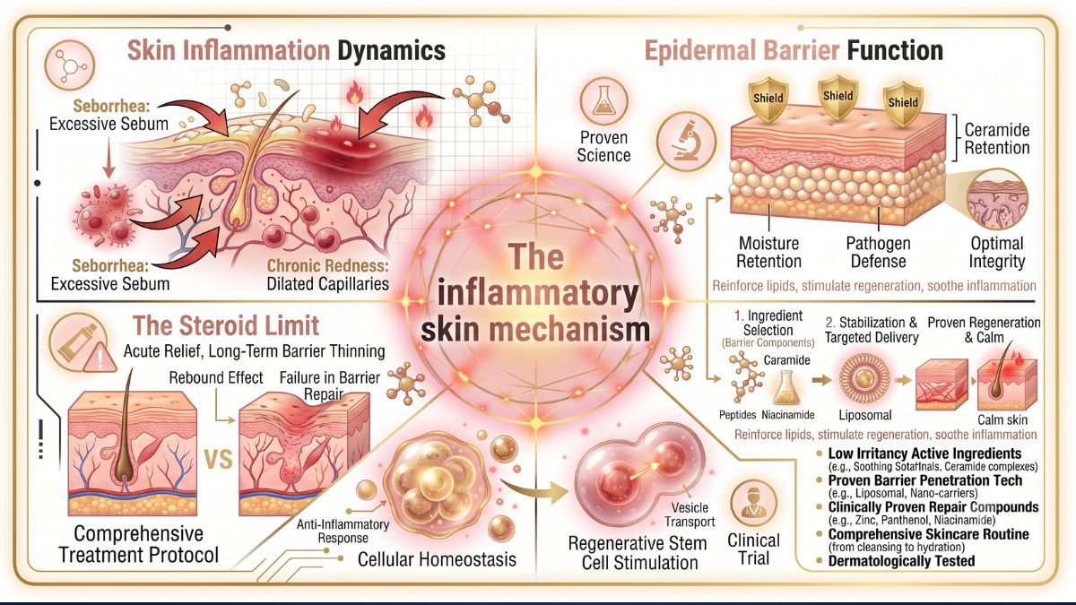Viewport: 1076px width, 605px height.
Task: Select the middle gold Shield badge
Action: tap(837, 97)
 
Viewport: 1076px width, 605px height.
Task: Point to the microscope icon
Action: tap(686, 142)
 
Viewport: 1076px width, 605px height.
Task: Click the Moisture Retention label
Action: tap(768, 252)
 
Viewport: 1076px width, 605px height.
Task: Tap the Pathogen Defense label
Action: tap(878, 252)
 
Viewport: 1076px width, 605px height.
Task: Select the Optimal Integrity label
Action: tap(997, 252)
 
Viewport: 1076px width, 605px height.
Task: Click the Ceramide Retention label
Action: tap(997, 138)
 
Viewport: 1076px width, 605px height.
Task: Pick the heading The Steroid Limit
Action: tap(226, 325)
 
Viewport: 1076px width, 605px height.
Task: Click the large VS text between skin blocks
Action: tap(219, 460)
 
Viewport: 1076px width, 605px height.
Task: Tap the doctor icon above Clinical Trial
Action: tap(753, 503)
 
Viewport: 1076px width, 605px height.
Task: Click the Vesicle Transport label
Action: tap(690, 514)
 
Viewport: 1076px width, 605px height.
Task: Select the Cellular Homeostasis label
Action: tap(437, 559)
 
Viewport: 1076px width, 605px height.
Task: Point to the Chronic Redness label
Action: tap(327, 265)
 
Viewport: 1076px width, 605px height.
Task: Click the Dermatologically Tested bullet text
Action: tap(901, 561)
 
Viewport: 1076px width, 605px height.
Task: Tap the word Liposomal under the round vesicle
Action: tap(865, 415)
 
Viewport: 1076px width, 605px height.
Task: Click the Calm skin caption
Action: tap(1002, 419)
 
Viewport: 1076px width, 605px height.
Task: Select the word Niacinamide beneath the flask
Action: tap(788, 415)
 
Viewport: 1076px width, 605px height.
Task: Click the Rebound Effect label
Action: tap(216, 377)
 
